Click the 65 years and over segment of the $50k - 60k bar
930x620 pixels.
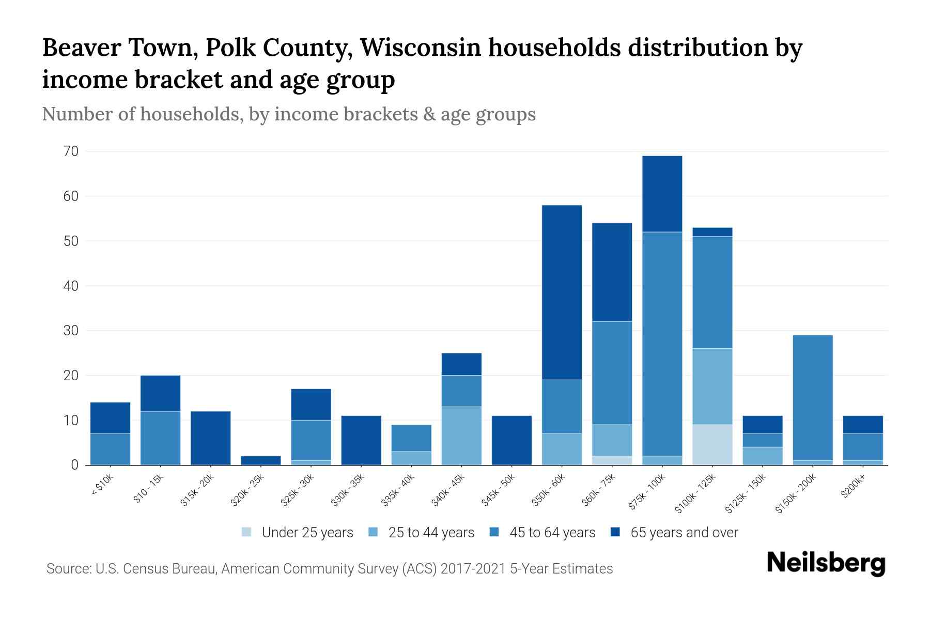[562, 292]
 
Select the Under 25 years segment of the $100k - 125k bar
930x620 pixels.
[712, 444]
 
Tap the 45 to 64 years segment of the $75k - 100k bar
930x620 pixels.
[662, 344]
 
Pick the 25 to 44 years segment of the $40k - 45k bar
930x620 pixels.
[461, 436]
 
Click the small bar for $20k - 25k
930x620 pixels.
[261, 460]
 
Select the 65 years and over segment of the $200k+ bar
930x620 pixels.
[863, 424]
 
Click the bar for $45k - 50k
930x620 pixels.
[512, 440]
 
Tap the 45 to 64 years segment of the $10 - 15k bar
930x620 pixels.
[160, 438]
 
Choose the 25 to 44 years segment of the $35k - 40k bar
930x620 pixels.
[411, 458]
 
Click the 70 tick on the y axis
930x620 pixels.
[71, 151]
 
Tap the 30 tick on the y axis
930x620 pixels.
[71, 331]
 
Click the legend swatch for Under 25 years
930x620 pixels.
[247, 532]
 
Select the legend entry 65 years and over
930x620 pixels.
[684, 533]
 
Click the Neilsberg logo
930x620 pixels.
[826, 563]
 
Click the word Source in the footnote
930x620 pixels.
[68, 569]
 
